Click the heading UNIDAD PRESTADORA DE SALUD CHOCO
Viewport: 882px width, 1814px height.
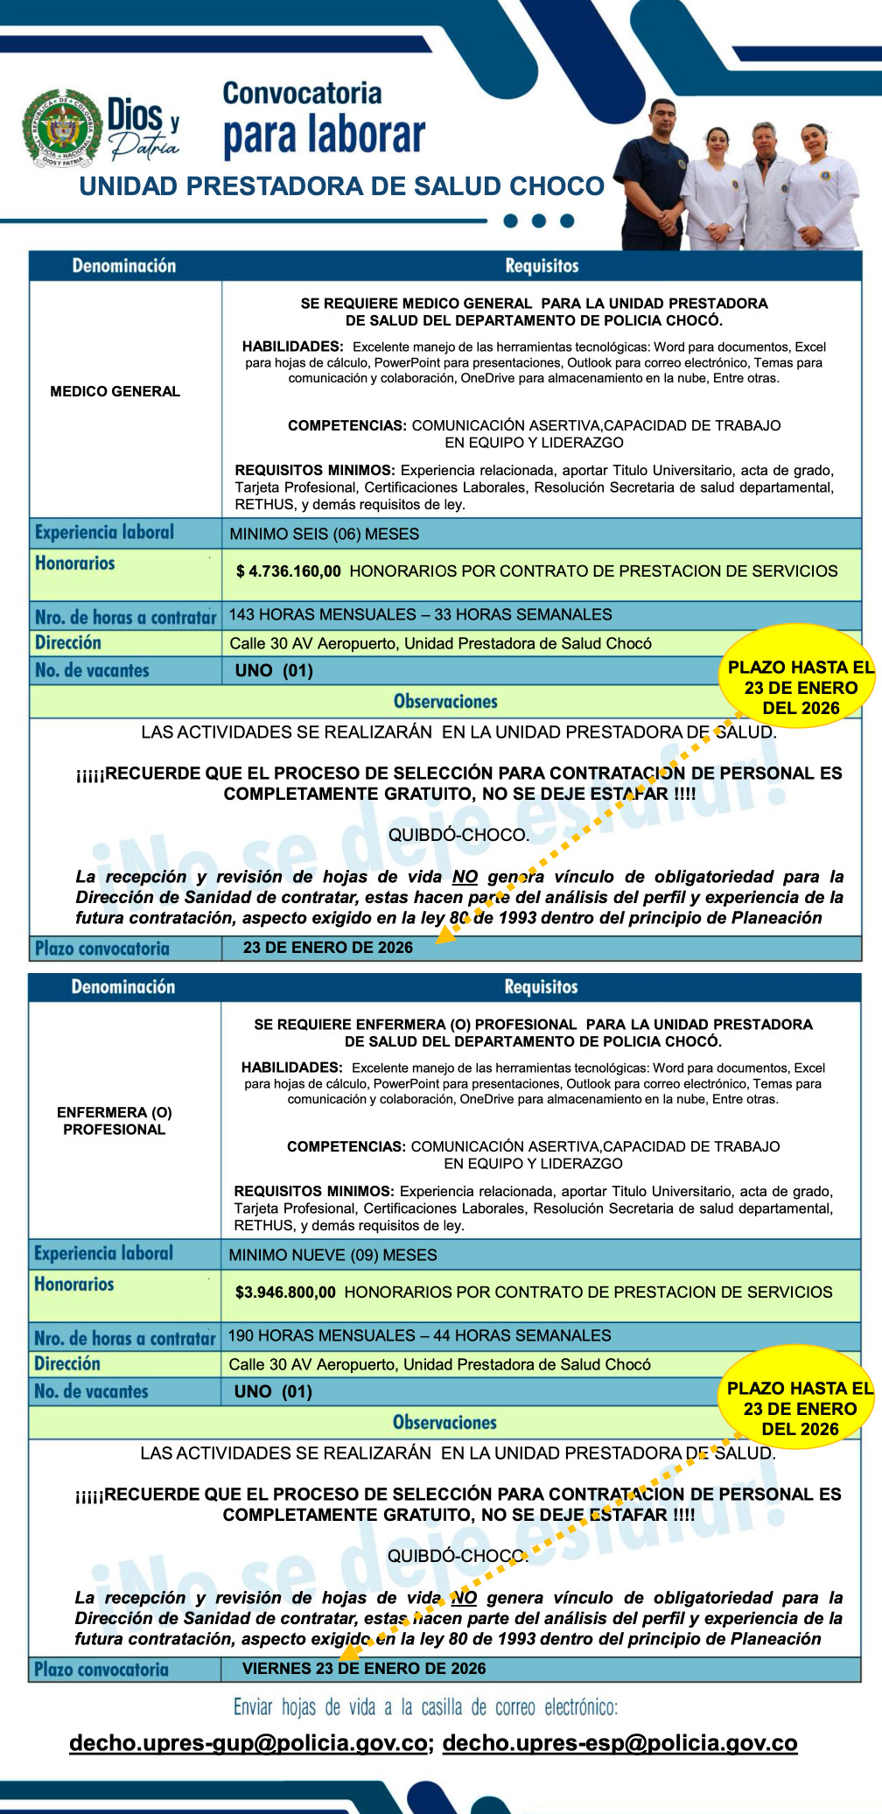341,186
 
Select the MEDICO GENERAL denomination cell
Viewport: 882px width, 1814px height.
115,391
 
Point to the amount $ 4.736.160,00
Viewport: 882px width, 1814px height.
289,571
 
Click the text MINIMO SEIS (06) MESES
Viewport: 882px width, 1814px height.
324,534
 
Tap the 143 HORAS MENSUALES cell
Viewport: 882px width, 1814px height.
420,614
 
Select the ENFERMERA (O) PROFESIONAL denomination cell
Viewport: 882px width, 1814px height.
115,1121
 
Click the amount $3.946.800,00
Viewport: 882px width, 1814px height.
285,1292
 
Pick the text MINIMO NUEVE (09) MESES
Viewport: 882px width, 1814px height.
332,1255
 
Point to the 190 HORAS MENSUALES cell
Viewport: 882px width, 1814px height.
419,1335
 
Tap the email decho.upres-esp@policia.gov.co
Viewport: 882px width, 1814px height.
619,1743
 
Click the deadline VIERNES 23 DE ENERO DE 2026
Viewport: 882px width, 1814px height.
363,1669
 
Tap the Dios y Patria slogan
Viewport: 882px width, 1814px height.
143,128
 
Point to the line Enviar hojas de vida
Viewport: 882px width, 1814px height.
425,1707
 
